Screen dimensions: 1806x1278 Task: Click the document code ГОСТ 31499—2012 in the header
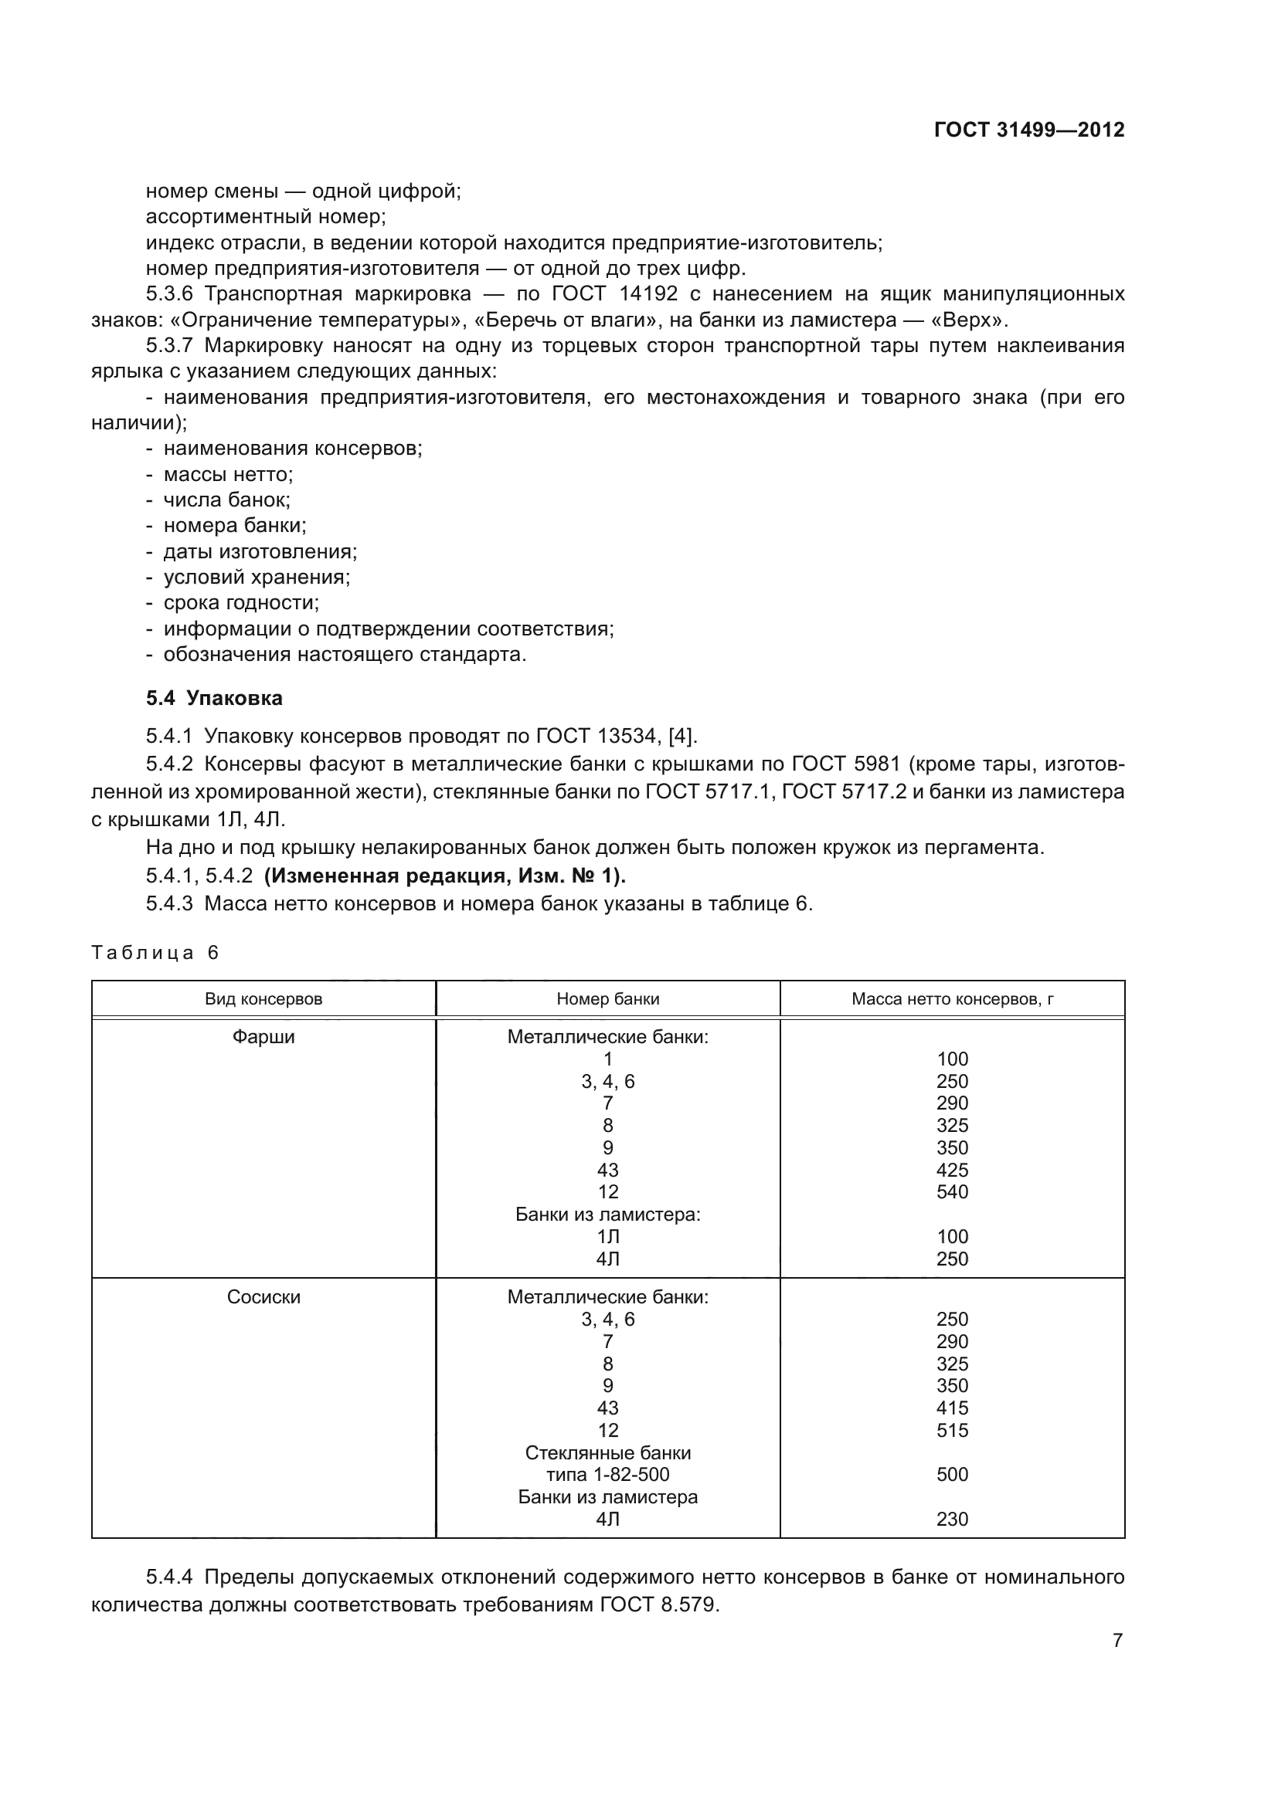point(1028,130)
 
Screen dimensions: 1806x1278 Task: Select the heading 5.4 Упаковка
point(214,699)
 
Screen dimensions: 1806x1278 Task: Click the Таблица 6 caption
point(155,953)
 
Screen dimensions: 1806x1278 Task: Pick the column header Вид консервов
point(263,999)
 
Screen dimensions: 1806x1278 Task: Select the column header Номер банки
point(607,999)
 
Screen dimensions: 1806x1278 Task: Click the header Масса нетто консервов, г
point(952,999)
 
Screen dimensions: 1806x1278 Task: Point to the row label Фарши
point(263,1037)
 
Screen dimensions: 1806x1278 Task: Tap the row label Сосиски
point(263,1297)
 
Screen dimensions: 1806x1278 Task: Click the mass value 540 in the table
point(952,1191)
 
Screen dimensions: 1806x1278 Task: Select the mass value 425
point(952,1170)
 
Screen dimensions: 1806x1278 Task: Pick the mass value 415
point(952,1408)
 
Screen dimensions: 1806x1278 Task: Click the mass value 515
point(952,1430)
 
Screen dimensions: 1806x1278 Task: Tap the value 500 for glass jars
point(952,1474)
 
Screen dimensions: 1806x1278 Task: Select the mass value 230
point(952,1519)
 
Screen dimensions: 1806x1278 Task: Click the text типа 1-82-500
point(607,1474)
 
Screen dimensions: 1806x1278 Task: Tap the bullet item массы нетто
point(227,474)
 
